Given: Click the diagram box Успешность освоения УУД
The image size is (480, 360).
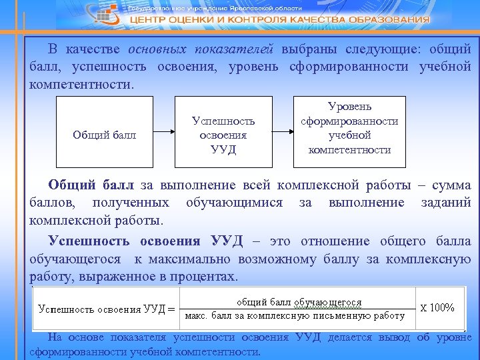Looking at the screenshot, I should coord(223,132).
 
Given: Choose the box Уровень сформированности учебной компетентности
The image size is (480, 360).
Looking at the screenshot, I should coord(349,132).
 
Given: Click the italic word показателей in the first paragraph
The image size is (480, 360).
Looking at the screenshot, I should coord(239,49).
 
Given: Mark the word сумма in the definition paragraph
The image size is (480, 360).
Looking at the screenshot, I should coord(449,185).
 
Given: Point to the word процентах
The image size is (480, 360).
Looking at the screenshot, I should coord(201,276).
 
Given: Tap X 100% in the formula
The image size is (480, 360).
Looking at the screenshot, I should coord(437,307).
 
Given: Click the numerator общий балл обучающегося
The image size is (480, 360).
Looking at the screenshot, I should coord(299,302).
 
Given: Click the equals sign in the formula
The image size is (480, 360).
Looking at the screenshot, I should coord(170,309).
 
